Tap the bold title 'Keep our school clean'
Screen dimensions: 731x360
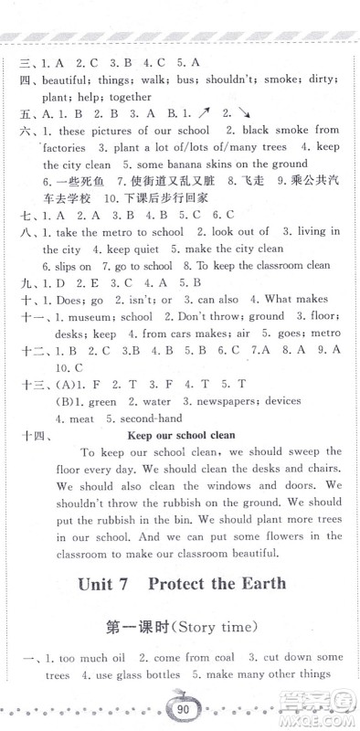click(x=182, y=435)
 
